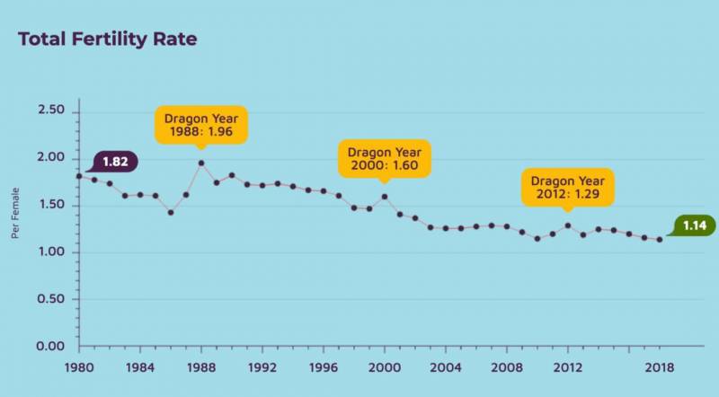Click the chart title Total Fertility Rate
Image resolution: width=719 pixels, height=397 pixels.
coord(107,40)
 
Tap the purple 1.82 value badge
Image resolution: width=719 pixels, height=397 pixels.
coord(115,162)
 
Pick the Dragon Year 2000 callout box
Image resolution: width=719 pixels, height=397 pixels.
coord(384,158)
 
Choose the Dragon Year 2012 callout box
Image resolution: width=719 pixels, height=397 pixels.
coord(567,187)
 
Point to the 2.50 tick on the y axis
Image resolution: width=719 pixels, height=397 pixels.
coord(51,110)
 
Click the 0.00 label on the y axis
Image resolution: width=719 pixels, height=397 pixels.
coord(51,346)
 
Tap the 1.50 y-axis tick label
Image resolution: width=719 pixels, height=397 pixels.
coord(51,205)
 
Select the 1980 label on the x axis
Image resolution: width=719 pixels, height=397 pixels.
coord(78,367)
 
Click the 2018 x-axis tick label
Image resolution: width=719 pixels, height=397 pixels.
coord(660,367)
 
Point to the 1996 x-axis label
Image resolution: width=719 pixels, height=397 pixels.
coord(323,367)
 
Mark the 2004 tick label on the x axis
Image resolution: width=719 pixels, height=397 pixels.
coord(445,367)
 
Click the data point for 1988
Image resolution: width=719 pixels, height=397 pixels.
coord(200,163)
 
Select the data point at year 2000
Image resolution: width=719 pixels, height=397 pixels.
coord(384,197)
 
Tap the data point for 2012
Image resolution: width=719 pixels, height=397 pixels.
coord(567,225)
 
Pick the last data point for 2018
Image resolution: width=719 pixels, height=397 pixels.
coord(659,240)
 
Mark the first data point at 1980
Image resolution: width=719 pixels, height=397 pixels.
coord(78,176)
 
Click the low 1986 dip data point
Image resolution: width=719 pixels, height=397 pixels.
coord(170,212)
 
